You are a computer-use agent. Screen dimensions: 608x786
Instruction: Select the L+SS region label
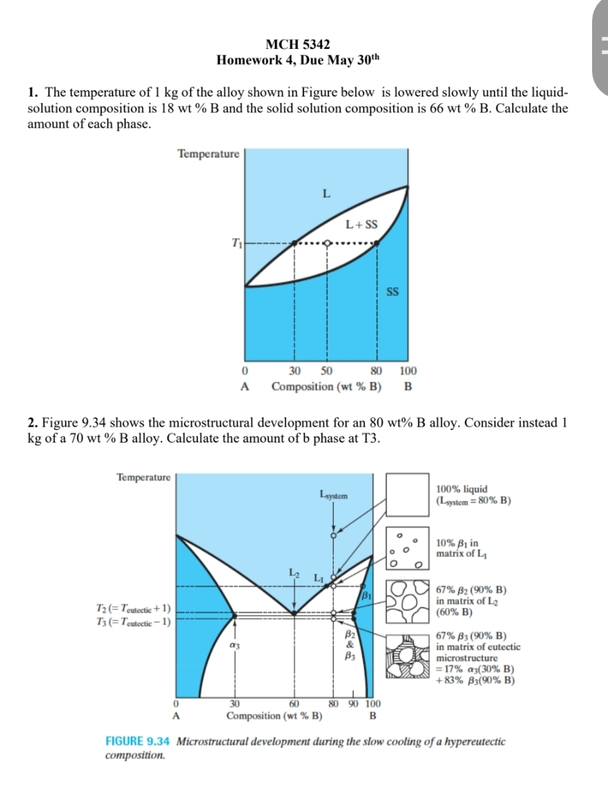(x=362, y=224)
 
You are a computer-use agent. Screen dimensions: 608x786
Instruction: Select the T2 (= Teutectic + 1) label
(x=134, y=608)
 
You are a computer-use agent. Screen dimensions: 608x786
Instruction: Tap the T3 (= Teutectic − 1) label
(x=134, y=621)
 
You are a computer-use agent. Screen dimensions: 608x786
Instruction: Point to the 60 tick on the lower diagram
(x=295, y=703)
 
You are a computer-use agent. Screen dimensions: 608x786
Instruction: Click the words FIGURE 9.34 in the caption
(x=139, y=741)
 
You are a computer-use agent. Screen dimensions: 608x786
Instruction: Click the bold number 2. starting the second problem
(x=32, y=423)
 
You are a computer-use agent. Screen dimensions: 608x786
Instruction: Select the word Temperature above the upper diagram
(x=208, y=153)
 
